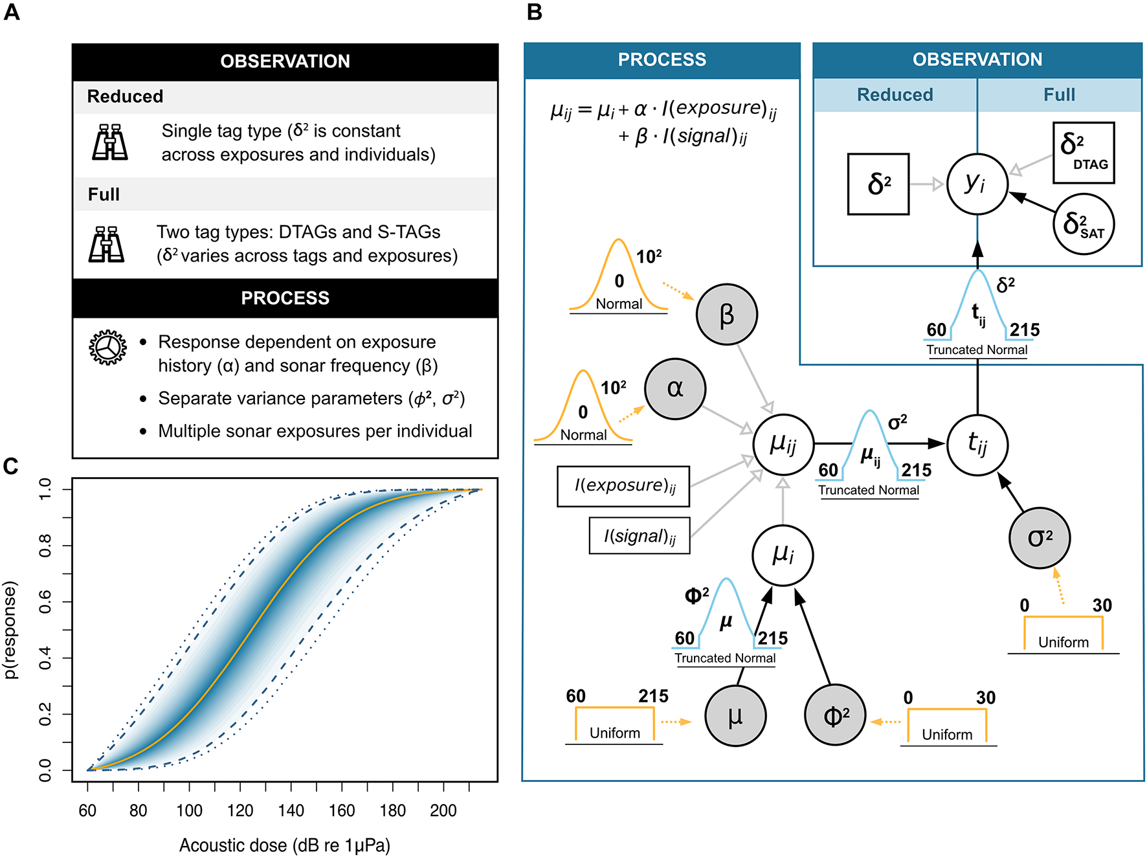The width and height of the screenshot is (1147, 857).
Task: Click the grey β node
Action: click(x=726, y=315)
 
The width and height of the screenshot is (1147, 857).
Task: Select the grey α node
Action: click(x=675, y=388)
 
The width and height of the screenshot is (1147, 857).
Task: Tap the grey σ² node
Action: click(x=1040, y=538)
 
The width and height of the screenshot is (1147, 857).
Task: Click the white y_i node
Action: click(x=977, y=184)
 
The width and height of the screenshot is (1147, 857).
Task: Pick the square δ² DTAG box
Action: click(x=1083, y=153)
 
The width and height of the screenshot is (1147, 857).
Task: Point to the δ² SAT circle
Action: click(x=1084, y=224)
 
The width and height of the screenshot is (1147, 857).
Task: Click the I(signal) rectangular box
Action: click(x=640, y=536)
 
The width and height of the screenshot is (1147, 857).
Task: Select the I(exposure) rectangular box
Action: click(x=623, y=486)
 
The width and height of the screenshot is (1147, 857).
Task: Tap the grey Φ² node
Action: click(x=835, y=715)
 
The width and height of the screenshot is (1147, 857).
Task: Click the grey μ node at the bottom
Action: click(x=735, y=716)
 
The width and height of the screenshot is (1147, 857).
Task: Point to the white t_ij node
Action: click(x=977, y=444)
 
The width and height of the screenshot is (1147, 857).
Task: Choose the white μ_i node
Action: click(x=783, y=555)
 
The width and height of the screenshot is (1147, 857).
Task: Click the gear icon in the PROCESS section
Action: click(x=107, y=348)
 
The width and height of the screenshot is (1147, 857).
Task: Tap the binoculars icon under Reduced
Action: click(x=109, y=142)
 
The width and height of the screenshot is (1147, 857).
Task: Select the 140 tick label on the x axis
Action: click(x=291, y=810)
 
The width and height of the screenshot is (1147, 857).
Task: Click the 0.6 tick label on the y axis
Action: click(x=45, y=601)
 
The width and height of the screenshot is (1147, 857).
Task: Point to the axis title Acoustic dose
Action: click(x=285, y=845)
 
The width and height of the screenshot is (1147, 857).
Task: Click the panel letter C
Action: click(x=11, y=466)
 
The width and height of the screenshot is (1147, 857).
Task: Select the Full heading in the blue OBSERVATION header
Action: click(x=1059, y=95)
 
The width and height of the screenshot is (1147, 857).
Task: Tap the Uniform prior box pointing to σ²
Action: click(x=1063, y=634)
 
